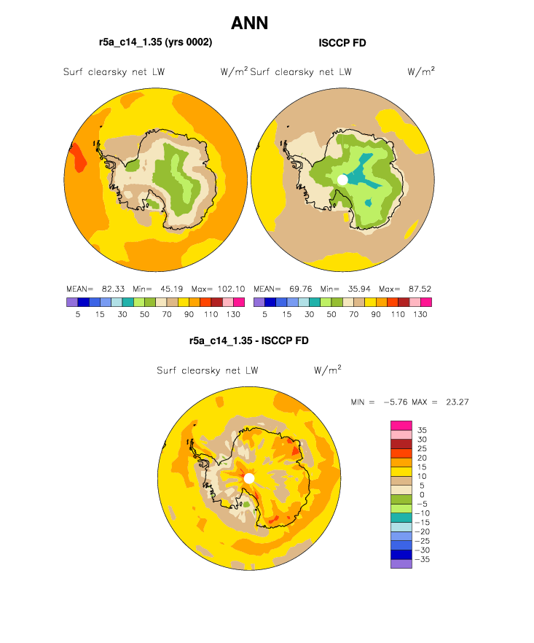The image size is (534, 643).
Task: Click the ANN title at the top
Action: [x=250, y=23]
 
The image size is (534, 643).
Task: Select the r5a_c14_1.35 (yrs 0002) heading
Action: [x=156, y=42]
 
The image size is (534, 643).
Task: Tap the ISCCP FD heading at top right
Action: [x=342, y=43]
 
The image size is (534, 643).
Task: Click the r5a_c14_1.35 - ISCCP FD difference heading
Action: [x=248, y=340]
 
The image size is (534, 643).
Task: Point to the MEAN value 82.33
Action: [x=113, y=289]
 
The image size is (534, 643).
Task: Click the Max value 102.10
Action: [x=231, y=289]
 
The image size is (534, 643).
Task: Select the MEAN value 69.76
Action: [x=300, y=289]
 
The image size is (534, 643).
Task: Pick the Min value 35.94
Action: [x=359, y=289]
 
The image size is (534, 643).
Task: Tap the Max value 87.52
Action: [x=420, y=289]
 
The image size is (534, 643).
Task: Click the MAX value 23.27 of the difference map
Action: [x=457, y=402]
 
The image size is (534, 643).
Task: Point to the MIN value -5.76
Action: [x=395, y=402]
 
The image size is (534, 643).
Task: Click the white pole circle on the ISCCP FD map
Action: [x=342, y=179]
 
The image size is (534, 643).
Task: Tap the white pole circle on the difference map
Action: [x=249, y=478]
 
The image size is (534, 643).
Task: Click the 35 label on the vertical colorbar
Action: [x=422, y=430]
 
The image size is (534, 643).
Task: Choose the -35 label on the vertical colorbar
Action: [x=422, y=559]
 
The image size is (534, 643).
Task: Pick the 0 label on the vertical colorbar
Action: [x=422, y=494]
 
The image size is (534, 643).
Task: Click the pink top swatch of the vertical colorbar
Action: [x=401, y=425]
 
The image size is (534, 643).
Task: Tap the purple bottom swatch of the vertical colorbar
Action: [x=401, y=564]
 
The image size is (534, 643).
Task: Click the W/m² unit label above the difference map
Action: [x=327, y=370]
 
